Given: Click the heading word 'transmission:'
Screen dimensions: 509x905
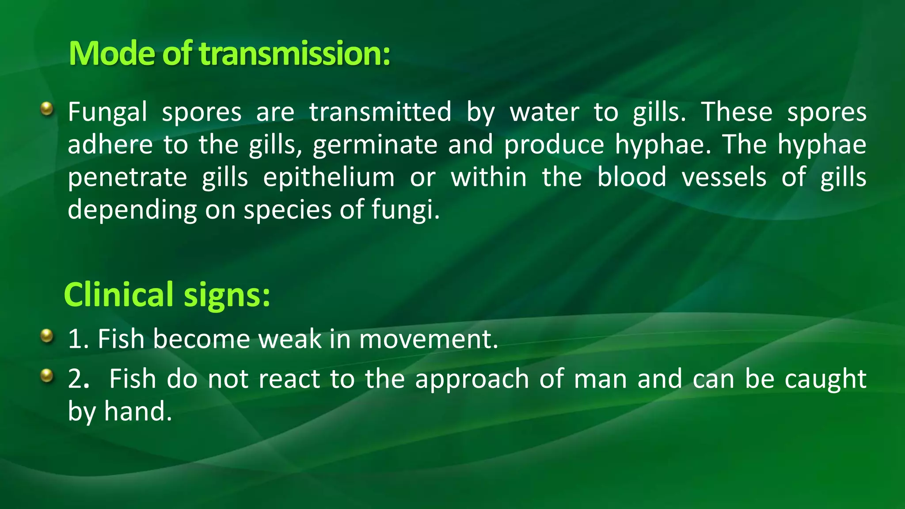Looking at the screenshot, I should click(295, 53).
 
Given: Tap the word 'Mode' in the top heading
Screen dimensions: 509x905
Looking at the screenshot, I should click(112, 53).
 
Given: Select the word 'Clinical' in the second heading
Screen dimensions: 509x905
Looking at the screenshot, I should click(119, 295).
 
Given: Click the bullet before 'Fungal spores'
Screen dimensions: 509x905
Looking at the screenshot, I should click(46, 108).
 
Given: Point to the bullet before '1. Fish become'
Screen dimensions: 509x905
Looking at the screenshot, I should click(46, 336).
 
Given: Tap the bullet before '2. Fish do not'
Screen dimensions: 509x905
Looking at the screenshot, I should click(46, 376).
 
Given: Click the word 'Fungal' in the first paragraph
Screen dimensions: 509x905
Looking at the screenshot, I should click(107, 112).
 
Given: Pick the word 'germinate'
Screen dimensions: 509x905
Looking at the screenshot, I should click(375, 145).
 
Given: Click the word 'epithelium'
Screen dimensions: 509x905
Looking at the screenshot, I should click(329, 177).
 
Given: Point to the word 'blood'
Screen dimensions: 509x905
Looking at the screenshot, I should click(631, 177).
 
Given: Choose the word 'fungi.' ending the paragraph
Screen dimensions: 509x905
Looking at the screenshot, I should click(406, 210).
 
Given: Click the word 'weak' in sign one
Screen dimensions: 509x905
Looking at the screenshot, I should click(290, 339).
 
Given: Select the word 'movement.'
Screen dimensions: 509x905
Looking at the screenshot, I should click(428, 339).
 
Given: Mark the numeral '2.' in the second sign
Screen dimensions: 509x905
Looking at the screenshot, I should click(79, 380).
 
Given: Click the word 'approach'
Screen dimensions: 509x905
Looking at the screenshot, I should click(472, 380).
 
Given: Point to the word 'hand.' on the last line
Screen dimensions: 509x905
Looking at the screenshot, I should click(138, 412).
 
